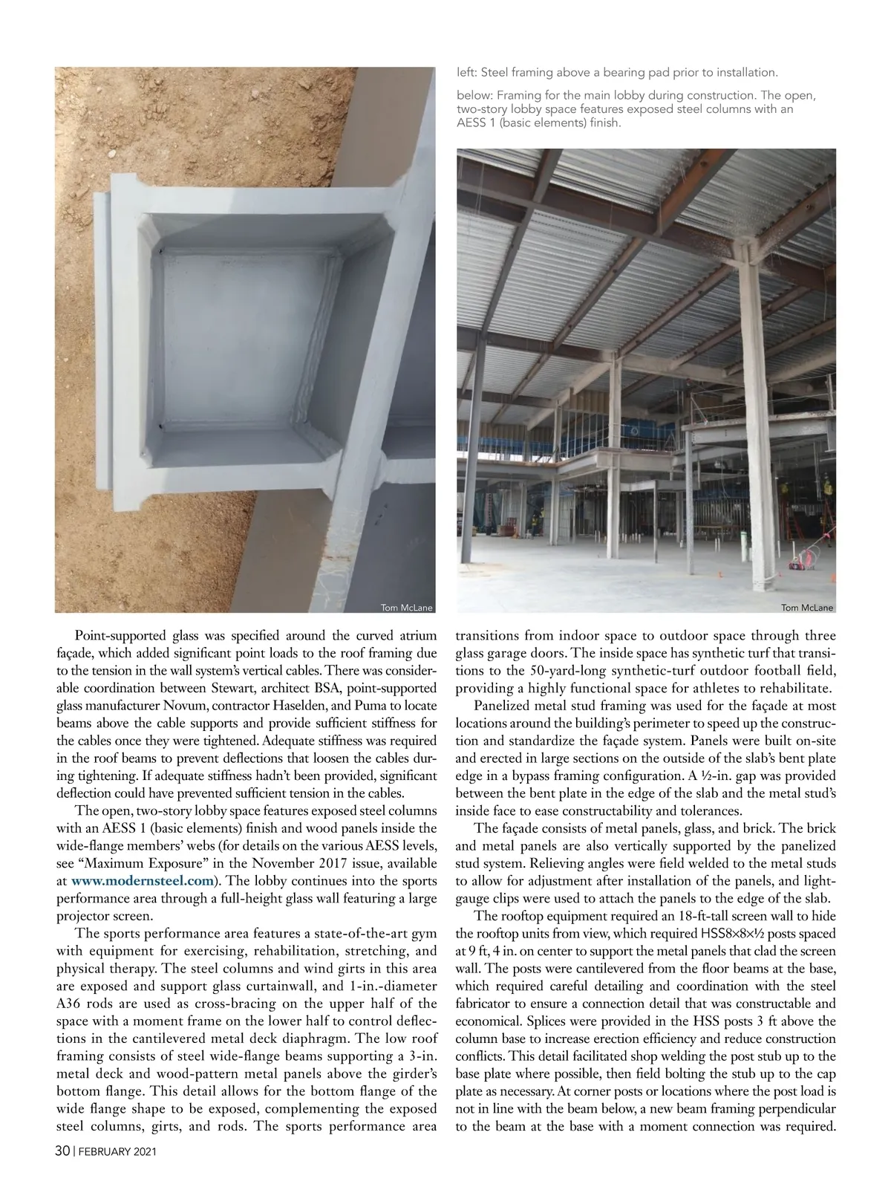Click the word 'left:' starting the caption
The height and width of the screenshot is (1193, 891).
click(x=467, y=73)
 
